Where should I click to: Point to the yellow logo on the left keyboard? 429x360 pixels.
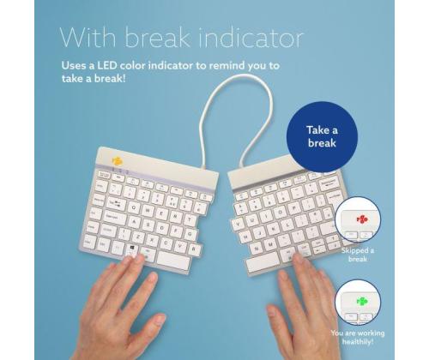(118, 159)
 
